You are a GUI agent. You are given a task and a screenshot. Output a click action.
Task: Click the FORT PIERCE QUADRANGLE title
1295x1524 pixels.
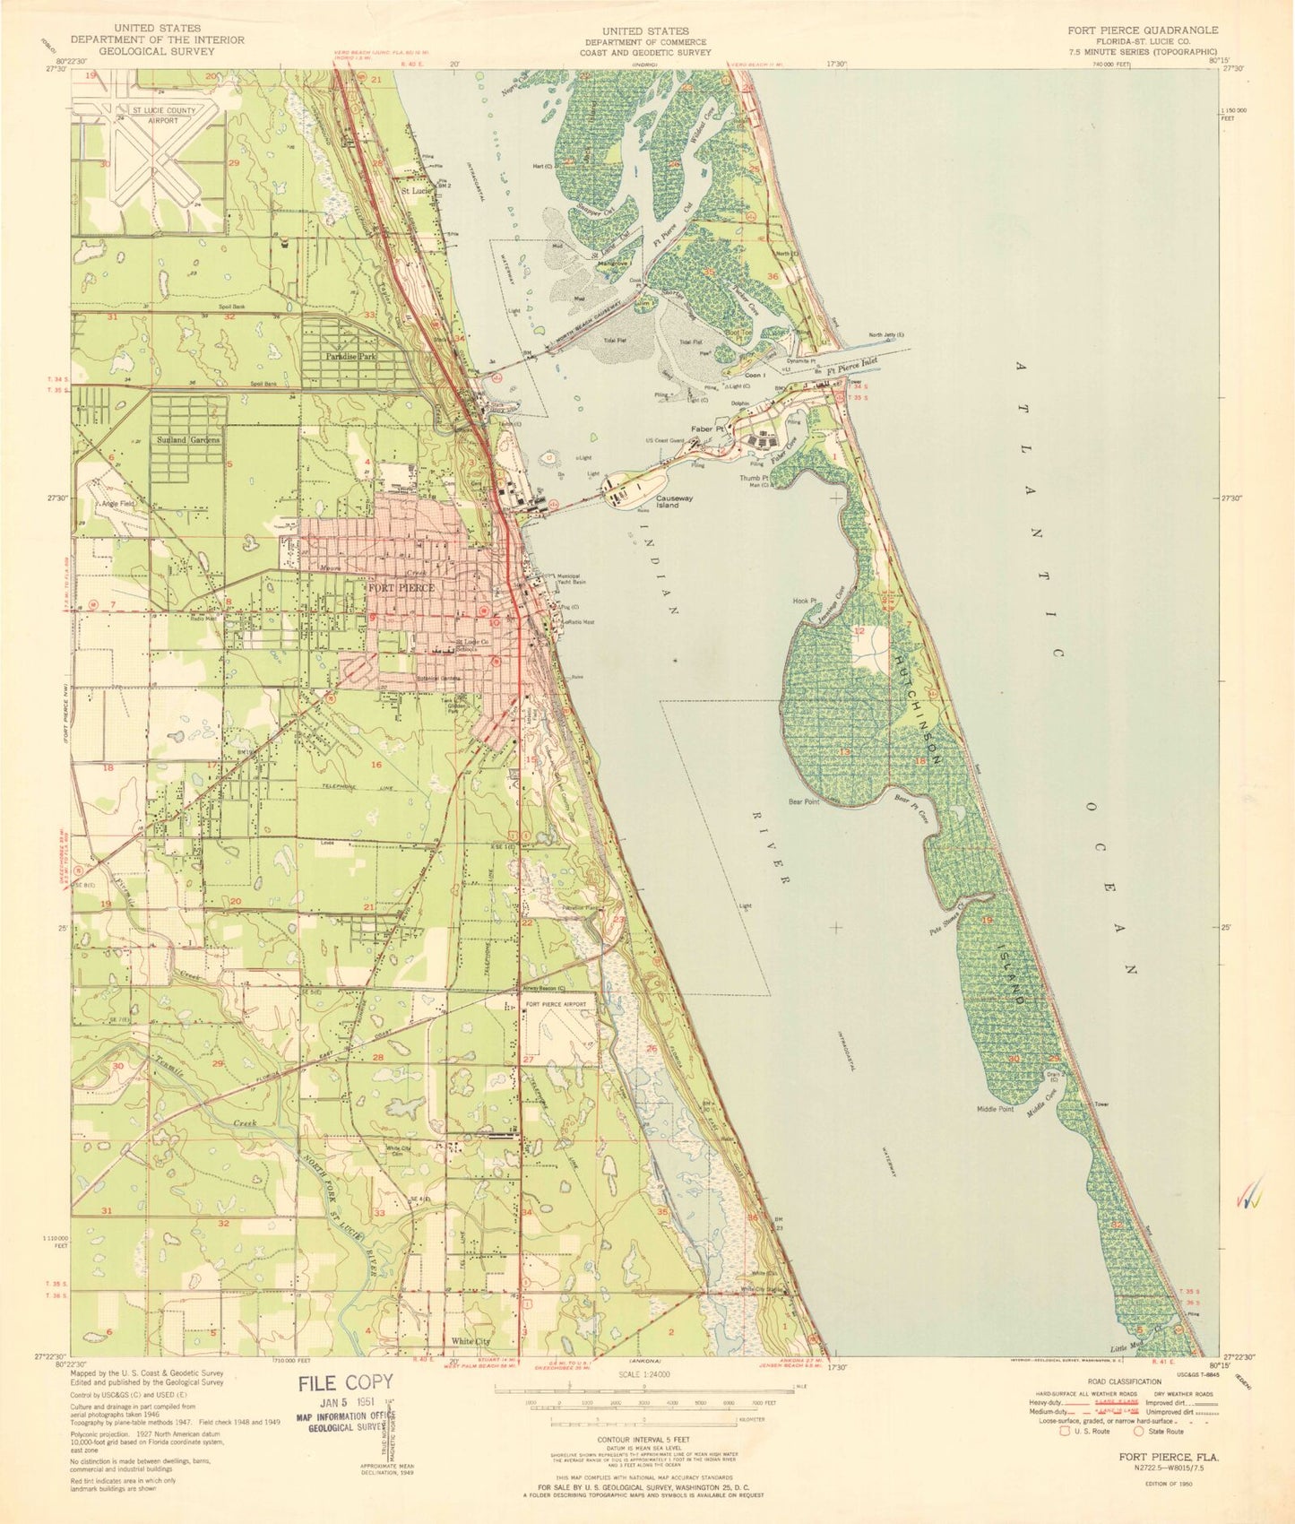(x=1142, y=30)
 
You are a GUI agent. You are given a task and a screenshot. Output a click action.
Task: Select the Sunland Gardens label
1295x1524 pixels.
(x=187, y=440)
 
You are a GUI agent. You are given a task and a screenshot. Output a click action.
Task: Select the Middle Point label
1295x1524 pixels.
(x=995, y=1109)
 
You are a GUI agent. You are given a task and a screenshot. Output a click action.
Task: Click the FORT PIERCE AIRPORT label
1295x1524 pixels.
(x=556, y=1004)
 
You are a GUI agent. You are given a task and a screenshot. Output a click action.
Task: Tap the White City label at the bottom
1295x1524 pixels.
(x=471, y=1341)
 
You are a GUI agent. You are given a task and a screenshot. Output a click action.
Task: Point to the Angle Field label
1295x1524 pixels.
(x=117, y=504)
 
